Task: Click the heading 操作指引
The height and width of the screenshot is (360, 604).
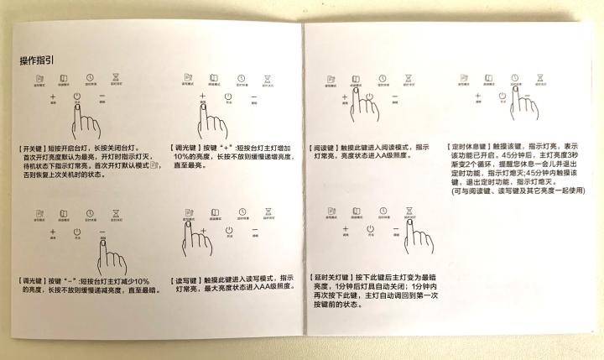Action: click(x=38, y=60)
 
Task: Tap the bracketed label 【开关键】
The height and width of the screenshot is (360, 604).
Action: click(x=34, y=145)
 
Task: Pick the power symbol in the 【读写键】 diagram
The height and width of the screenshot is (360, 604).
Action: click(x=227, y=230)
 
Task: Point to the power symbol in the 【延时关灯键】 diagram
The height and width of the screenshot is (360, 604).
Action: click(x=370, y=229)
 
